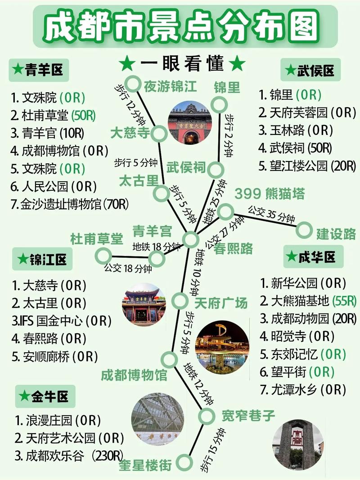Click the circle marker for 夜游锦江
coord(133,83)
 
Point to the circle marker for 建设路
coord(304,230)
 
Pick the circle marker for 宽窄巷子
coord(207,417)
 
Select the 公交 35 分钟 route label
coord(270,215)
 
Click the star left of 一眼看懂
coord(127,64)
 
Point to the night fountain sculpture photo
coord(222,347)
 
